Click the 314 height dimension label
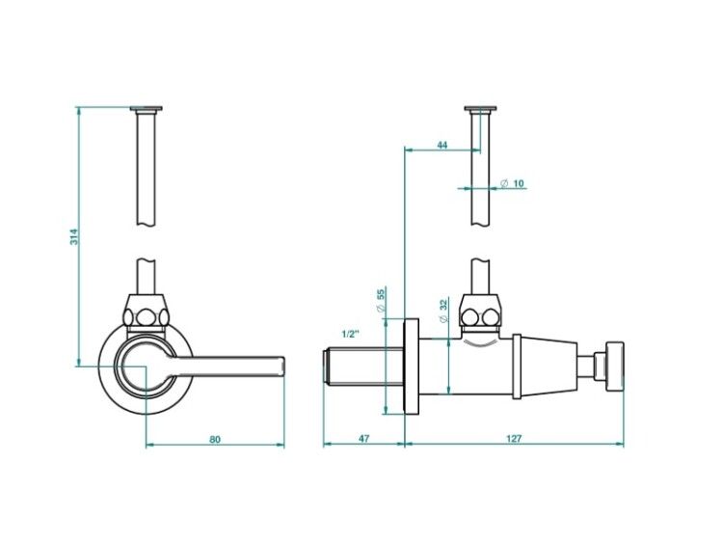74,236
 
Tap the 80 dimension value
215,439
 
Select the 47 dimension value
363,439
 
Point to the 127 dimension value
514,438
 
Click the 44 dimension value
442,145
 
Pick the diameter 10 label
512,183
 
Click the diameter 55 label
381,300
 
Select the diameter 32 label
443,311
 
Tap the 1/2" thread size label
351,334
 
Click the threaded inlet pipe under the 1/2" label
362,368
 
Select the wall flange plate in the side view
412,367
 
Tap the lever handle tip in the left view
282,367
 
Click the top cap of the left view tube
147,109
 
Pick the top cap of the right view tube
481,109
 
